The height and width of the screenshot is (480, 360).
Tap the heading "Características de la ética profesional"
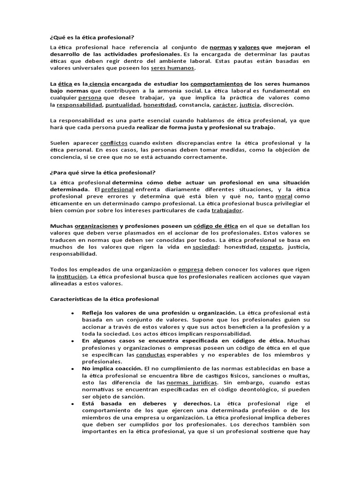(104, 299)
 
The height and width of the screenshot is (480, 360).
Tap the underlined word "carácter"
(225, 105)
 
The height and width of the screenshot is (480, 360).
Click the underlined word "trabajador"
(227, 211)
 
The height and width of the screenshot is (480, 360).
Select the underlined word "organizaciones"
(96, 226)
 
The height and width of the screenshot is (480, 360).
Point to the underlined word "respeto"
(271, 247)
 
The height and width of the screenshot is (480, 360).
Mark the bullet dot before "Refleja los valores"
(71, 313)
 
